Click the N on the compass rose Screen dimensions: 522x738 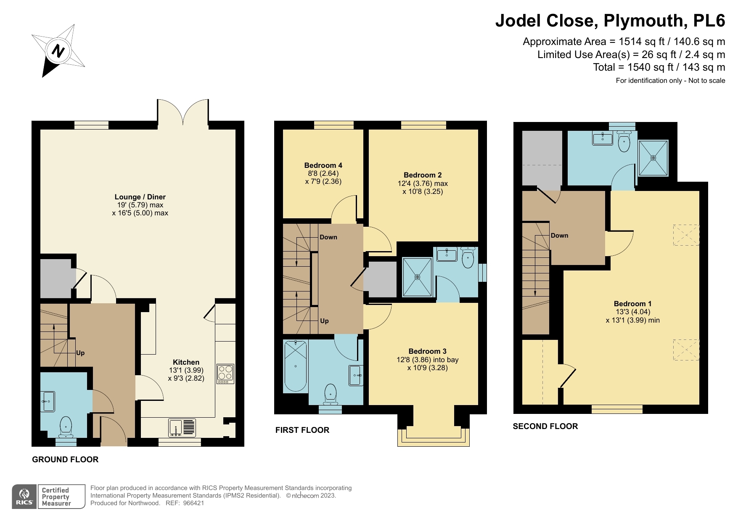click(x=58, y=51)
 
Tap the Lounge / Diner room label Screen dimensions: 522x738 click(x=140, y=197)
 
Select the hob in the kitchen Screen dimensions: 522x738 click(x=225, y=374)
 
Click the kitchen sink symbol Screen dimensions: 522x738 click(x=183, y=427)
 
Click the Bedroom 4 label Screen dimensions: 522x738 click(x=323, y=165)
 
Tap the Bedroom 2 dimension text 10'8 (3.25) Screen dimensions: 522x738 click(x=422, y=191)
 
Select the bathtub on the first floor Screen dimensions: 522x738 click(x=296, y=366)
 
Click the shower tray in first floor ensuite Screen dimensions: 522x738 click(x=417, y=277)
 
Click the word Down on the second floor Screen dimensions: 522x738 click(x=559, y=236)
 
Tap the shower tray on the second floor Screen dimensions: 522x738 click(x=653, y=158)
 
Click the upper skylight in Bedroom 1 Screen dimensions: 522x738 click(x=685, y=235)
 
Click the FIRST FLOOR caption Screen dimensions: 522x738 click(x=302, y=430)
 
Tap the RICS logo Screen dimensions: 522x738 click(x=25, y=496)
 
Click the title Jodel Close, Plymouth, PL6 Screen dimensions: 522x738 click(x=610, y=20)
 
